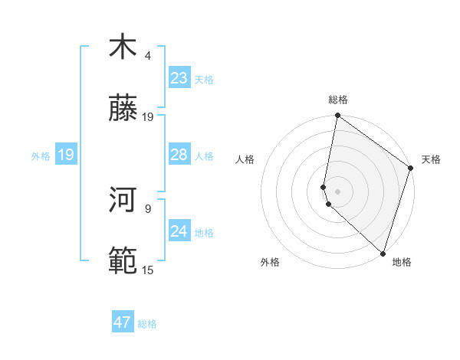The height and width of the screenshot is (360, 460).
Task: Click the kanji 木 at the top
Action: [123, 48]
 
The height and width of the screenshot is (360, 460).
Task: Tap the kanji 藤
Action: [123, 110]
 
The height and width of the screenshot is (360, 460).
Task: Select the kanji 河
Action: [123, 201]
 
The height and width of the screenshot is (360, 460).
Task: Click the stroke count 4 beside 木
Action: [148, 56]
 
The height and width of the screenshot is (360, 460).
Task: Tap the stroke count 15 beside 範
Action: [148, 270]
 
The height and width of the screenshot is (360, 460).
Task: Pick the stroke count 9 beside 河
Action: [148, 208]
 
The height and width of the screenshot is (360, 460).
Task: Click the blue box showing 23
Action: [179, 78]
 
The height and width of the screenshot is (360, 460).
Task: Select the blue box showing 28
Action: [179, 155]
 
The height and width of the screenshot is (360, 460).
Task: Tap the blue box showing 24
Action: [179, 231]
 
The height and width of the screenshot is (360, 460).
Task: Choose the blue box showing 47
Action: [123, 322]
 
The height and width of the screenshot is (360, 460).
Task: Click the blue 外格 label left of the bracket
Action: [41, 156]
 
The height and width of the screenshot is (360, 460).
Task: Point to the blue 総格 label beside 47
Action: [147, 324]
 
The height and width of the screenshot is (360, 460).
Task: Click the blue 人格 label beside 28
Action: [204, 156]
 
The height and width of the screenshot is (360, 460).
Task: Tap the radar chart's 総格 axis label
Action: [338, 100]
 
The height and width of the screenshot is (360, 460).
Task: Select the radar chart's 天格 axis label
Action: [431, 159]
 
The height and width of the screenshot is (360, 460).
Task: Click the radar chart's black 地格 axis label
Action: [402, 262]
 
